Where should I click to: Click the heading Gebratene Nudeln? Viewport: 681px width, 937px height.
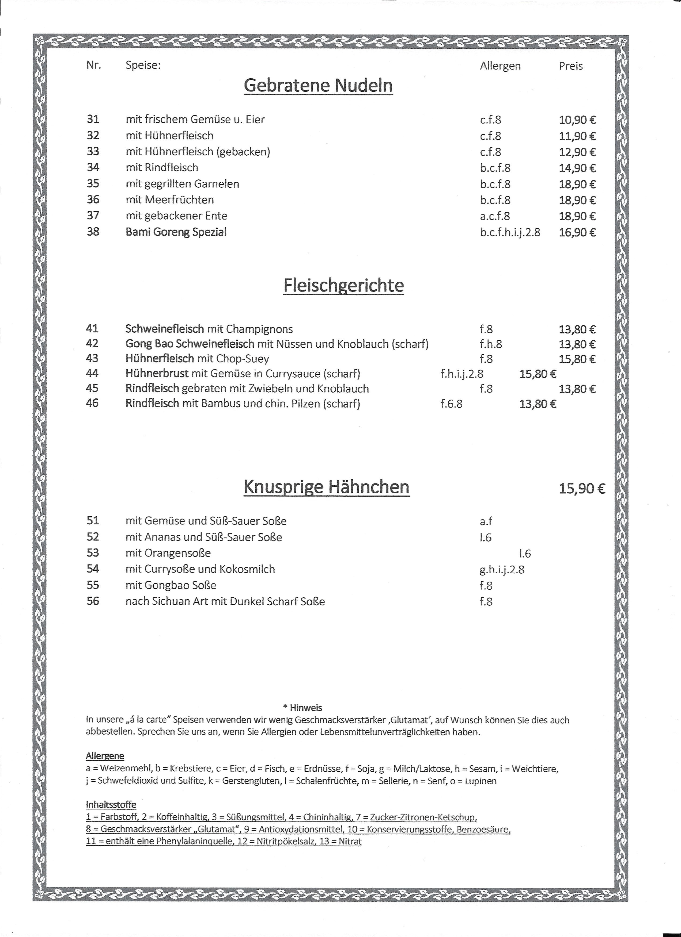click(x=318, y=86)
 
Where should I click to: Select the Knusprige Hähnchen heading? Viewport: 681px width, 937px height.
click(x=327, y=487)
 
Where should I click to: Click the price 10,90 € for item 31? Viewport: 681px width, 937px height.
click(x=577, y=120)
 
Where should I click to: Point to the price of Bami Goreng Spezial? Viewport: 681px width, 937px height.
click(x=577, y=232)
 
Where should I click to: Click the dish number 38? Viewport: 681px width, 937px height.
click(x=93, y=232)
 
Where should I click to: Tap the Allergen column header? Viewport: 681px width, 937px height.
click(x=500, y=66)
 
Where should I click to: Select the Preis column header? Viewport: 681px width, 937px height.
click(x=571, y=66)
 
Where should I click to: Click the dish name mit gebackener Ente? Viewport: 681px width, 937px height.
click(x=177, y=216)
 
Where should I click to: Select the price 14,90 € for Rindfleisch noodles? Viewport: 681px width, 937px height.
click(x=577, y=168)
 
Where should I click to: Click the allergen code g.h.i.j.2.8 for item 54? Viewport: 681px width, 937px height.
click(x=502, y=570)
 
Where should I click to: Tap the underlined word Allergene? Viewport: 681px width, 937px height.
click(x=105, y=756)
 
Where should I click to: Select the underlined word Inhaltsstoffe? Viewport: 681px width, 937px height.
click(x=111, y=804)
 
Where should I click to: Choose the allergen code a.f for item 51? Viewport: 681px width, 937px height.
click(x=486, y=521)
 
